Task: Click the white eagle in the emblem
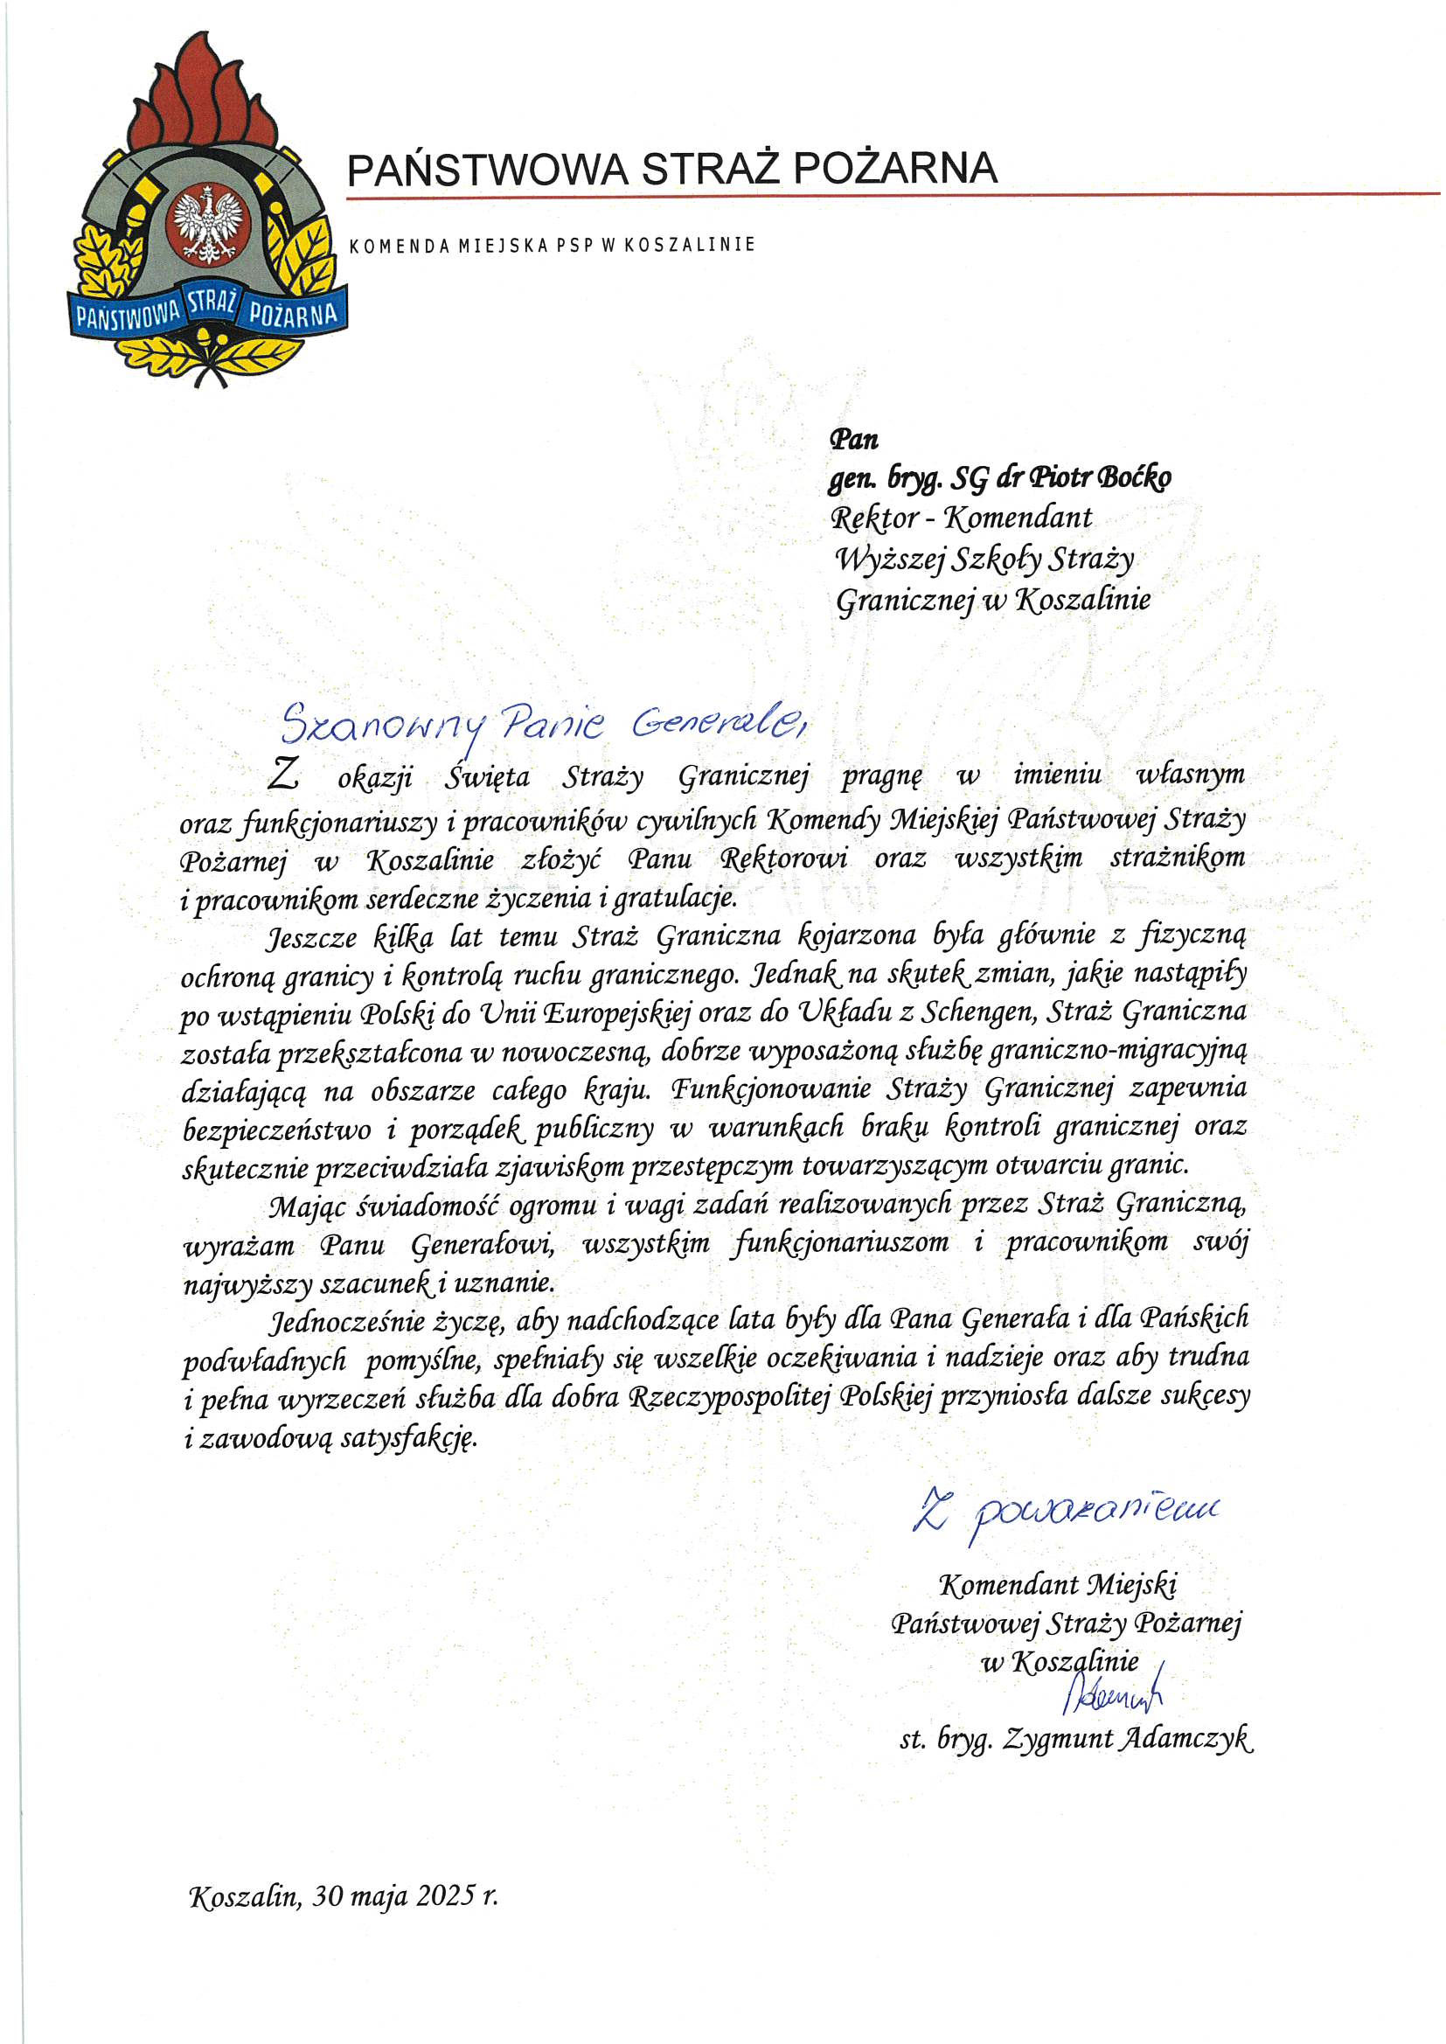[x=208, y=226]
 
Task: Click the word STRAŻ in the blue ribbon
[x=211, y=303]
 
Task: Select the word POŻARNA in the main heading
[x=895, y=168]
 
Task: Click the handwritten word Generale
[x=717, y=724]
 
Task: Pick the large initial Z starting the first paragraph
[x=283, y=775]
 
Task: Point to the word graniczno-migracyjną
[x=1117, y=1052]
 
